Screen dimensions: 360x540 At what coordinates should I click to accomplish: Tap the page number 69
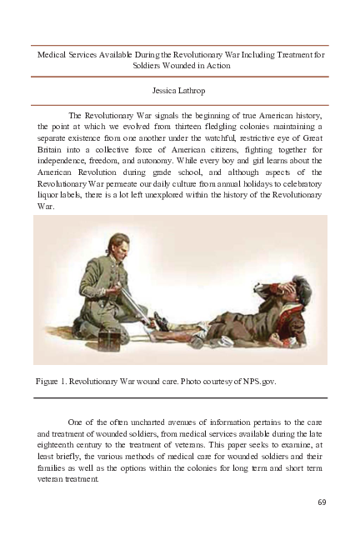click(x=322, y=502)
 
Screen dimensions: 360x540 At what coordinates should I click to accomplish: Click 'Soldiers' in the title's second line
click(x=151, y=64)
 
